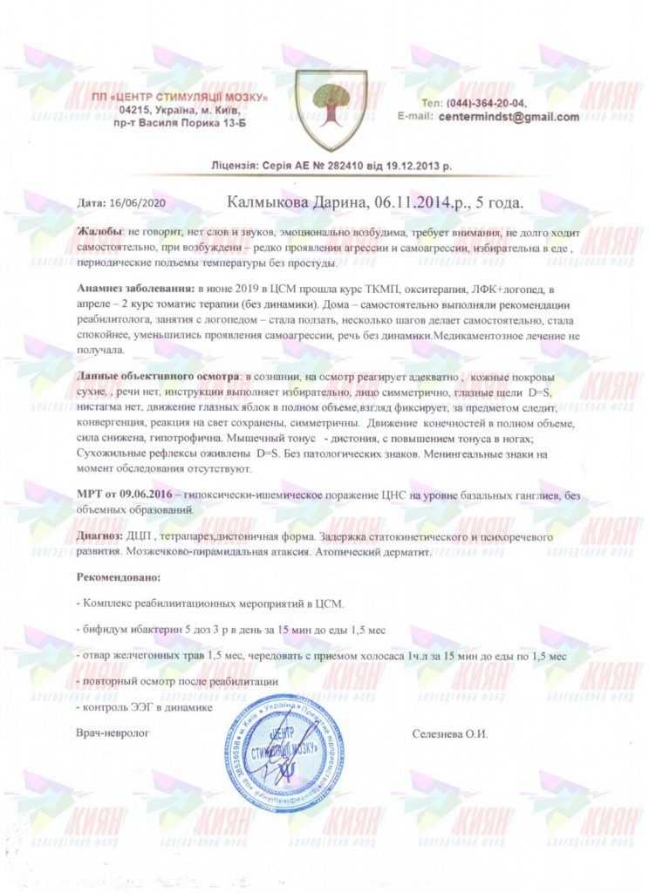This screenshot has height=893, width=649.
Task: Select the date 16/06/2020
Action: click(140, 202)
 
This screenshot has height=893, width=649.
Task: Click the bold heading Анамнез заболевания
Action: click(134, 287)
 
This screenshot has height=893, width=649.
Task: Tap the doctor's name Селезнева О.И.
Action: click(450, 733)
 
